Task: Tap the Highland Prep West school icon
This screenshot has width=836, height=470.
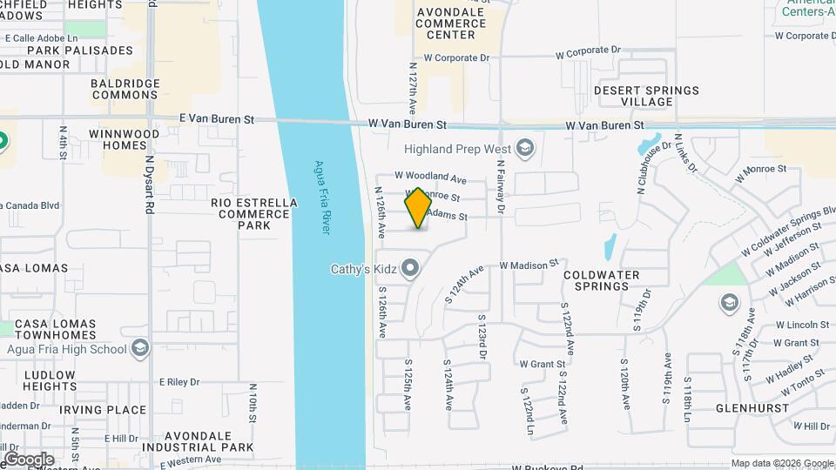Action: point(524,148)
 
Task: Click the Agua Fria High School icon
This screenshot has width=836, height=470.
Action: point(139,349)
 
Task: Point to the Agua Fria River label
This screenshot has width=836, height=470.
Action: point(322,197)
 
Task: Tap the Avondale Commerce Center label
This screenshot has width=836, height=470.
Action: point(445,23)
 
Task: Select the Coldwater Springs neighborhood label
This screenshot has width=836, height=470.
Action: point(601,280)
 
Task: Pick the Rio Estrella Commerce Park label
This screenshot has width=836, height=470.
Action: point(254,214)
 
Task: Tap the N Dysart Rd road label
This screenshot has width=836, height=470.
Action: point(150,186)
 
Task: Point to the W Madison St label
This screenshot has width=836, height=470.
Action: point(528,264)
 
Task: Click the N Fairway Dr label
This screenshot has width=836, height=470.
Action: point(502,186)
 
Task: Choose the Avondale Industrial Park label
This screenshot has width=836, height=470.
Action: point(209,441)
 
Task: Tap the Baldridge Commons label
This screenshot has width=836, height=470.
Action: point(125,89)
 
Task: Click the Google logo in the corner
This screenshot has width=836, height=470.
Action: point(29,459)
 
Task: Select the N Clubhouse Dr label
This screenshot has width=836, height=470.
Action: point(645,178)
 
